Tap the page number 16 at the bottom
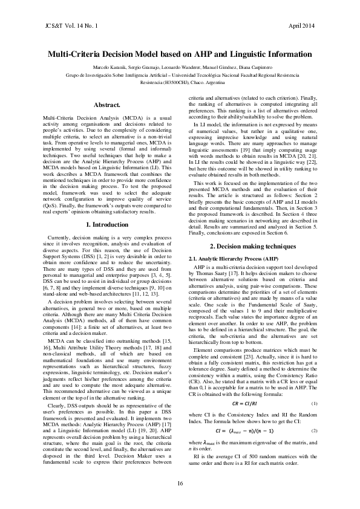180,482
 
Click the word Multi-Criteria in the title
74,53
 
